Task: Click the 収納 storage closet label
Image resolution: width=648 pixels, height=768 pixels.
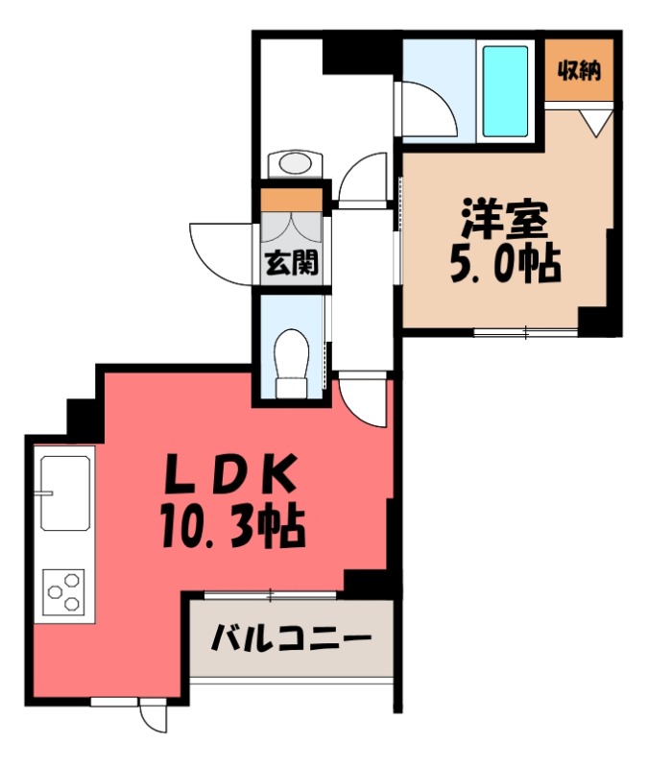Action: (583, 71)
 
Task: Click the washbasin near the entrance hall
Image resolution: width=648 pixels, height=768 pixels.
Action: (293, 164)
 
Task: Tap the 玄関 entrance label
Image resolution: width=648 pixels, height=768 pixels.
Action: (291, 262)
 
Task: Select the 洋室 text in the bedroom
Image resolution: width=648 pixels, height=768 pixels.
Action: (504, 220)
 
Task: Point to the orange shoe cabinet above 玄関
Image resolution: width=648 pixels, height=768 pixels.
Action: (292, 200)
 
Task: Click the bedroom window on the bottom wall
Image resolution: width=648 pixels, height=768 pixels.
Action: (526, 333)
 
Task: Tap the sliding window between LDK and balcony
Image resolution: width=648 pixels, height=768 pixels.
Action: (272, 595)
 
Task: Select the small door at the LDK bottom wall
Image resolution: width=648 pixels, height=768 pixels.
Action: (152, 712)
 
